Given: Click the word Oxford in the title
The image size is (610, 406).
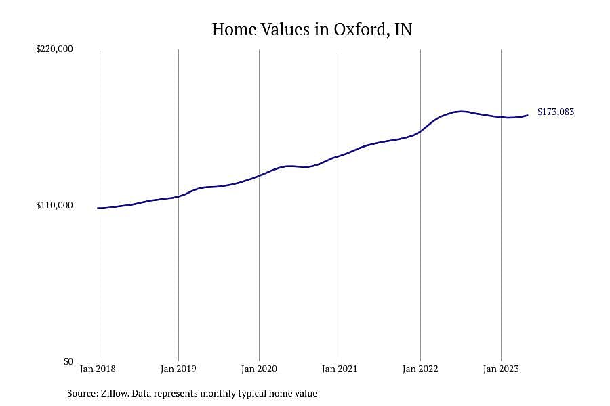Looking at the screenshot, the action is click(x=359, y=30).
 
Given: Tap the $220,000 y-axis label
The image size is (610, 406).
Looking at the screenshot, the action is click(x=54, y=49).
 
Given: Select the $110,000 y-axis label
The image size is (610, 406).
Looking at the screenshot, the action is click(x=54, y=205).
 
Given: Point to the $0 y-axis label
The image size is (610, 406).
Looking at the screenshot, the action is click(x=68, y=361).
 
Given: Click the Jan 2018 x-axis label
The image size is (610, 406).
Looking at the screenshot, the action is click(x=98, y=369).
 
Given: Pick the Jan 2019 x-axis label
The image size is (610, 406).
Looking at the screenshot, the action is click(x=178, y=369).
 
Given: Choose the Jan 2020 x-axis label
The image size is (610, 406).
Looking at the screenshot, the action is click(x=259, y=369).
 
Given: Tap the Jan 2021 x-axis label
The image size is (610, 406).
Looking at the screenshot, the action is click(x=340, y=369).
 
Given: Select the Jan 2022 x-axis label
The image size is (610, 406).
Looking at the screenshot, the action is click(x=420, y=369).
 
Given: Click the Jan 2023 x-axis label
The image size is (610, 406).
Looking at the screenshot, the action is click(x=501, y=369).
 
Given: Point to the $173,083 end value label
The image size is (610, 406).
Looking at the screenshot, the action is click(x=556, y=112).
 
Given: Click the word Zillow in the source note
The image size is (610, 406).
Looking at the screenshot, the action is click(x=115, y=393).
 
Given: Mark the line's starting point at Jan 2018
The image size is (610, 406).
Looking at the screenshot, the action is click(x=98, y=208).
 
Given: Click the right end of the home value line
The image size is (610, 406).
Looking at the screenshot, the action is click(x=527, y=115).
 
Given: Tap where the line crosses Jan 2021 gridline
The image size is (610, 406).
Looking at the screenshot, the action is click(x=340, y=156).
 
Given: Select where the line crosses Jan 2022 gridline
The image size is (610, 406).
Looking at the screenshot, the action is click(x=420, y=131).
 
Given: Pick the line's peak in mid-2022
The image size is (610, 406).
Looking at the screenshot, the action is click(x=461, y=112).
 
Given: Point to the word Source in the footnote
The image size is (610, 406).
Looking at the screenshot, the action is click(x=83, y=393).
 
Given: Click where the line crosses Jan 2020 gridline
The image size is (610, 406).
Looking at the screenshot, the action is click(x=259, y=176).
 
